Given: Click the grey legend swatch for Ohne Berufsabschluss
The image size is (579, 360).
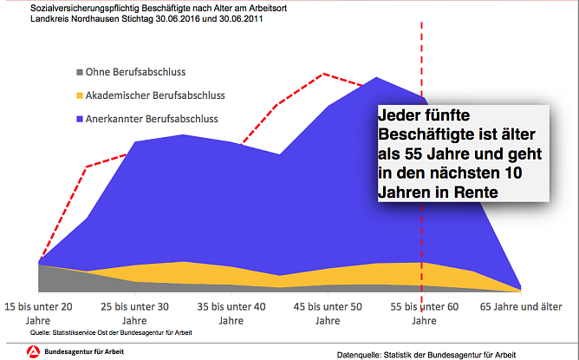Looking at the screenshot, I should pyautogui.click(x=80, y=71).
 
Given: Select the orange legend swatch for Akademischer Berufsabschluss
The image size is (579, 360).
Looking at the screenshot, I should pyautogui.click(x=80, y=95).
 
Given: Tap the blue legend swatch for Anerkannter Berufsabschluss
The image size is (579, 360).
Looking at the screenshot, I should pyautogui.click(x=80, y=118).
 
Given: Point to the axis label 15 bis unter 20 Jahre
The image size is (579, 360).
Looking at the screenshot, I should pyautogui.click(x=39, y=312).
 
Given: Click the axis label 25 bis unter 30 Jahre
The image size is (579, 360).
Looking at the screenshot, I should pyautogui.click(x=135, y=312).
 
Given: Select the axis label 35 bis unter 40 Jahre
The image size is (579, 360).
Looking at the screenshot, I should pyautogui.click(x=231, y=312).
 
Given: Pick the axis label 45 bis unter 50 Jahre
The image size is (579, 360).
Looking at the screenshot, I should pyautogui.click(x=328, y=312).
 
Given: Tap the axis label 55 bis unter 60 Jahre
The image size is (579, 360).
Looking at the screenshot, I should pyautogui.click(x=424, y=312).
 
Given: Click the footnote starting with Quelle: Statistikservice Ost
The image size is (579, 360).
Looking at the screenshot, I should pyautogui.click(x=111, y=332).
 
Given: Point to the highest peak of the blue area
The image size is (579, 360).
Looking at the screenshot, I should pyautogui.click(x=376, y=78).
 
